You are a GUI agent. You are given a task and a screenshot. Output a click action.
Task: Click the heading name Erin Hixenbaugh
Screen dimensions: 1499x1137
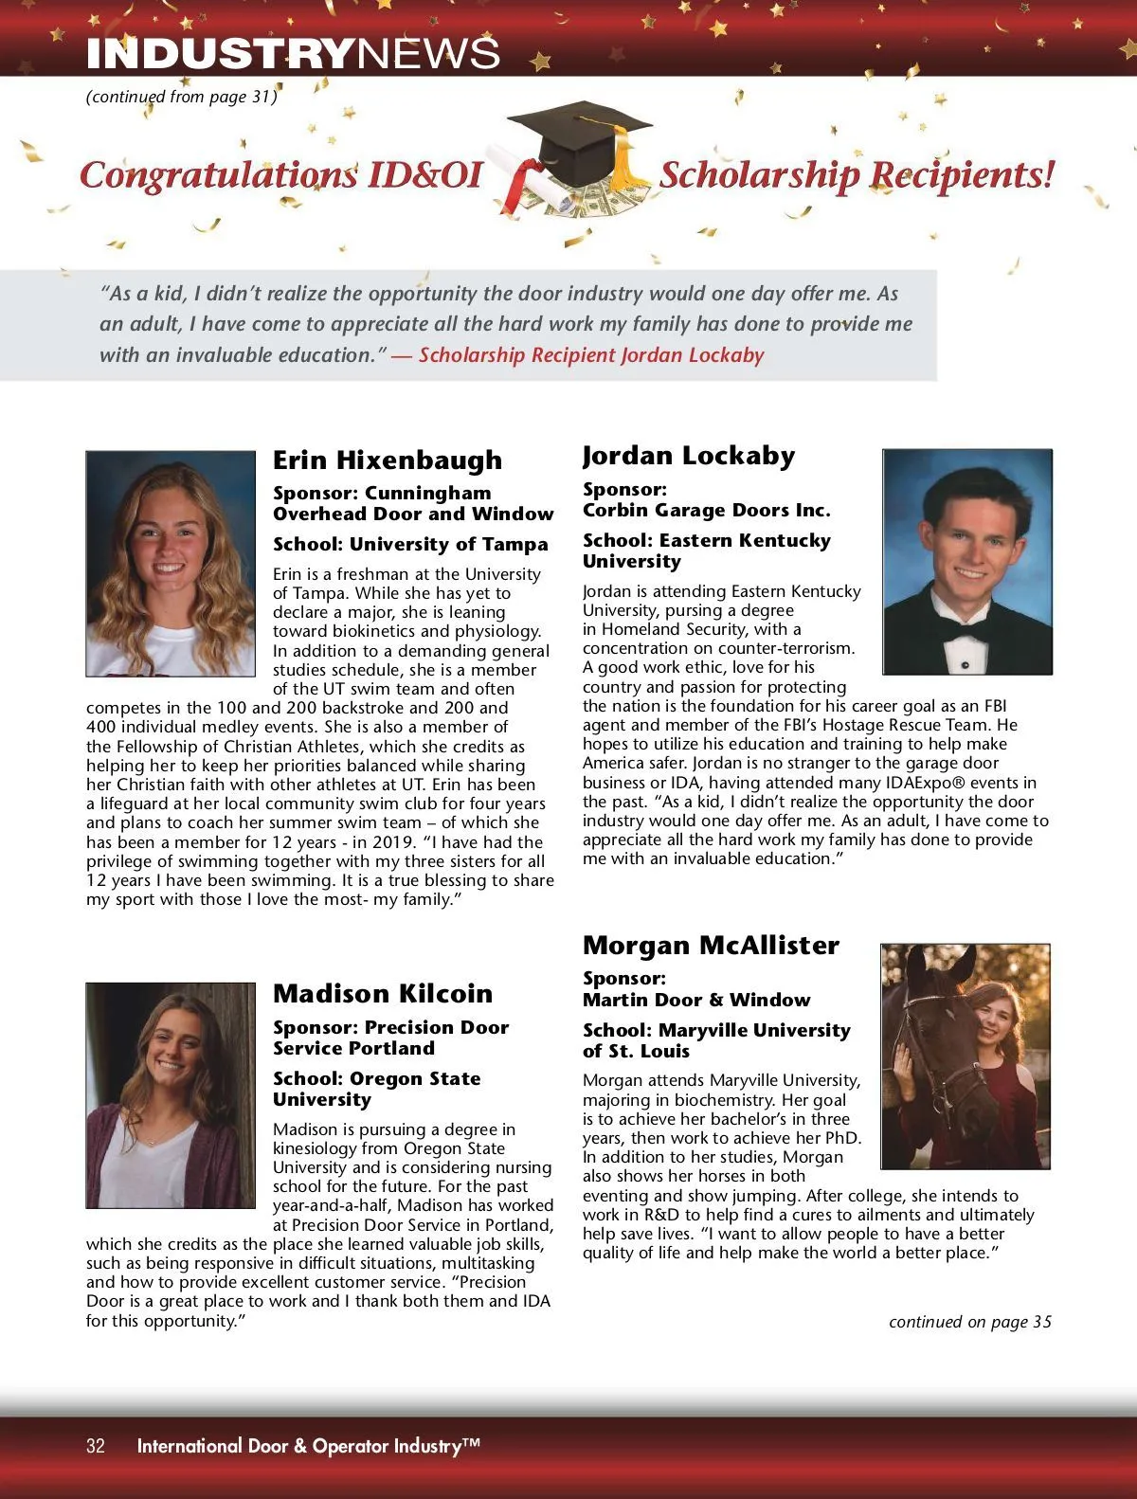coord(388,461)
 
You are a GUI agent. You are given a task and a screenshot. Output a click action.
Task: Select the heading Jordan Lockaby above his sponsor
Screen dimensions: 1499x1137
coord(689,456)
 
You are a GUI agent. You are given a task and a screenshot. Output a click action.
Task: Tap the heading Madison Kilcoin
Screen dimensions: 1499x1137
coord(383,994)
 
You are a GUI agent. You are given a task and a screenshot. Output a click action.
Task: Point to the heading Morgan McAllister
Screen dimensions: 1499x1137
coord(711,946)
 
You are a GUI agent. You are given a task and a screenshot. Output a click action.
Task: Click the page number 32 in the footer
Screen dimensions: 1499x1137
coord(96,1446)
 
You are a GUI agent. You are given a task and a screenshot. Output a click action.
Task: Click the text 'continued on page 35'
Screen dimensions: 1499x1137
coord(969,1322)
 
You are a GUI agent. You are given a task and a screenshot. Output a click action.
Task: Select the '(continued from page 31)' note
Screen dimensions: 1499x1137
coord(181,97)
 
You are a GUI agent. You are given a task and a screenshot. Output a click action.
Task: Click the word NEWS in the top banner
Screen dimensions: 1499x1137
coord(429,54)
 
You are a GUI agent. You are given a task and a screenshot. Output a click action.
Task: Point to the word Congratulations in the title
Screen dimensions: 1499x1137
coord(219,175)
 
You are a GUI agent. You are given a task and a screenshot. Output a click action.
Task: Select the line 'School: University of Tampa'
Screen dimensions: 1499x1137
coord(410,544)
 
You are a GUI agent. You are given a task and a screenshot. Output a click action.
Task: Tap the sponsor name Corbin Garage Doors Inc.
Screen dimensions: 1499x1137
coord(706,510)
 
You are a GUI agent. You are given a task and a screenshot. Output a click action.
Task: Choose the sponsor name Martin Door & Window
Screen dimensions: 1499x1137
coord(696,1000)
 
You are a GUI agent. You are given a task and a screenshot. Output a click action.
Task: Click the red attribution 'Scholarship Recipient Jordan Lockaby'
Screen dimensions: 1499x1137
coord(591,355)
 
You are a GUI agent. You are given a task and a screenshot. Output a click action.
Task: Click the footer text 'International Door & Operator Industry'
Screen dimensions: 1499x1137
coord(308,1446)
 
